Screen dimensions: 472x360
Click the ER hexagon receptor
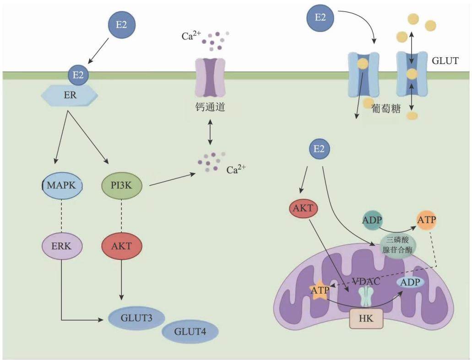point(69,95)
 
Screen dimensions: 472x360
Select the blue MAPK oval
point(61,185)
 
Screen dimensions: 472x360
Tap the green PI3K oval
point(121,185)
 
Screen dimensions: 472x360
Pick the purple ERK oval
point(61,246)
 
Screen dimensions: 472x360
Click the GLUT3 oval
point(136,318)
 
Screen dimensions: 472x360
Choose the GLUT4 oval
point(190,332)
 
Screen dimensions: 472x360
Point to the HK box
point(366,318)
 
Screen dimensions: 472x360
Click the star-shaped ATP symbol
point(320,290)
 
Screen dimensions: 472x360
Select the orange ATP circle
point(427,220)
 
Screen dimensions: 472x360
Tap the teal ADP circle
point(372,220)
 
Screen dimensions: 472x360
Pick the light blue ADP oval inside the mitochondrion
point(410,282)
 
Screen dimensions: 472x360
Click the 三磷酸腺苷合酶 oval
point(397,245)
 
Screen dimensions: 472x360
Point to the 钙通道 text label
point(210,107)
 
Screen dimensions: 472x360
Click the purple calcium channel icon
point(210,77)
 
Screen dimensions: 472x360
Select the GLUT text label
point(445,61)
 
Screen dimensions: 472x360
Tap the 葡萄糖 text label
point(386,108)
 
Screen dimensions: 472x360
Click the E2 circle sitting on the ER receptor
point(78,75)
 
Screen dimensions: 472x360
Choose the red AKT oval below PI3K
point(121,246)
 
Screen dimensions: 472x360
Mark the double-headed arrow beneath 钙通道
point(210,132)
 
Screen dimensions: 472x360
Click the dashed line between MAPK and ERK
point(61,216)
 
